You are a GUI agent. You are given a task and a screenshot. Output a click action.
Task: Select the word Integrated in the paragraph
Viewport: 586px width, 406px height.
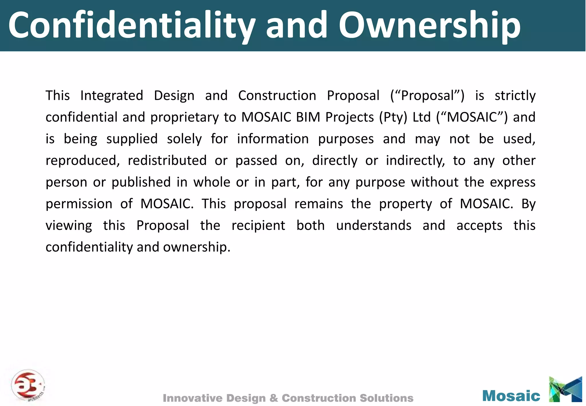112,96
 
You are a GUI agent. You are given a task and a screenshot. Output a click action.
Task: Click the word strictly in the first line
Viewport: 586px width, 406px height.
515,96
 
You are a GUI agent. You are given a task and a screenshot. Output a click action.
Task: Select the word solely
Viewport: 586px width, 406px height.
184,139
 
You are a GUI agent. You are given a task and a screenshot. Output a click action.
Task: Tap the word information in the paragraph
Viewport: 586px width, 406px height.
273,139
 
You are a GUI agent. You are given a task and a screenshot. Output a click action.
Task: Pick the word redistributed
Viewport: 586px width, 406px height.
167,160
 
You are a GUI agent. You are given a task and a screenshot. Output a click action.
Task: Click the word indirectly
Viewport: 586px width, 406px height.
415,161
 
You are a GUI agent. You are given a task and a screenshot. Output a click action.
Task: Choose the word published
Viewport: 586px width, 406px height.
141,182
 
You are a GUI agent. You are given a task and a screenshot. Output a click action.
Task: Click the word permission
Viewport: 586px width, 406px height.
79,204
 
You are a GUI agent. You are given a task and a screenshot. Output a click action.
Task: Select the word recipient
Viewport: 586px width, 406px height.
258,226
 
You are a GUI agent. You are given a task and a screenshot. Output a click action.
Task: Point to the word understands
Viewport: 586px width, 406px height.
374,225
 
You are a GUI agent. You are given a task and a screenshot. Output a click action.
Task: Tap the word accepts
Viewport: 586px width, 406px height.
479,226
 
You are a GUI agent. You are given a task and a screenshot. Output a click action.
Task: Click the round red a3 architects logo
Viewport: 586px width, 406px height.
28,385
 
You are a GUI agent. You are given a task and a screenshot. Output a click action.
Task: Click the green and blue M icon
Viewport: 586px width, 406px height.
565,389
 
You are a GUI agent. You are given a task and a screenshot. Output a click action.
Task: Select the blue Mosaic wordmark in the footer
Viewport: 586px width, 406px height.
511,396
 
